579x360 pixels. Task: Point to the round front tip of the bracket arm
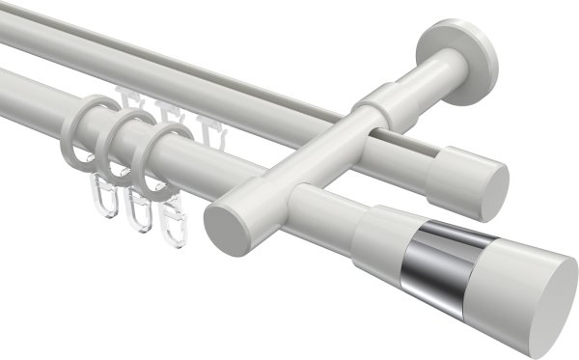pyautogui.click(x=224, y=219)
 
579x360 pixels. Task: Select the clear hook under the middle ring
pyautogui.click(x=141, y=208)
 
